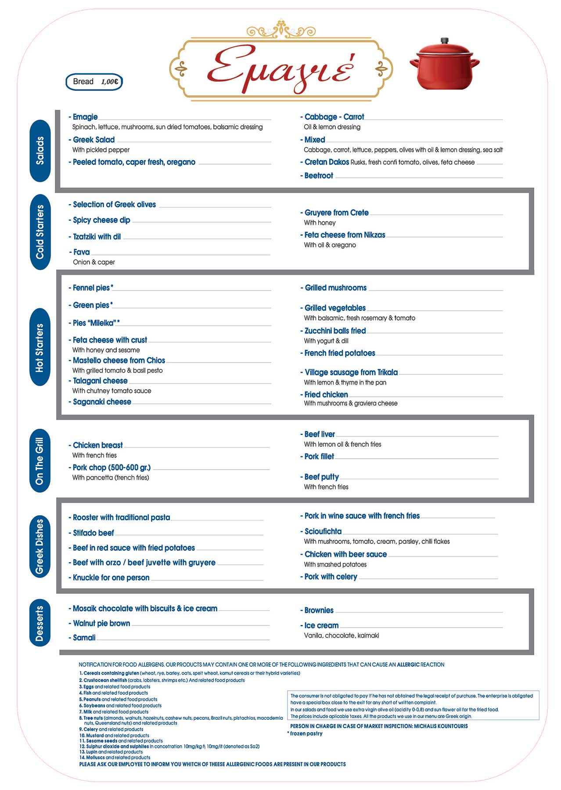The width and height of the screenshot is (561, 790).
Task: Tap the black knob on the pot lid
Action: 445,40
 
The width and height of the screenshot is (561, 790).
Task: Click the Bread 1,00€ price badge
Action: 94,82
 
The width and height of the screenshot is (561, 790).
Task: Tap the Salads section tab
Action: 40,151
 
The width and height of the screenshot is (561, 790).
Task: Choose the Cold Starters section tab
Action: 40,232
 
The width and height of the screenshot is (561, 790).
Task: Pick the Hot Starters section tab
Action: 40,348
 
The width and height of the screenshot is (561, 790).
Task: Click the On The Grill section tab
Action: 40,461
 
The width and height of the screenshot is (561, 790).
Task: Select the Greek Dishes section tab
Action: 40,546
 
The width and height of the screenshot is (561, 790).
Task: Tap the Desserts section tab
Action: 40,623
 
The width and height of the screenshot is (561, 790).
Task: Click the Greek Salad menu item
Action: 93,140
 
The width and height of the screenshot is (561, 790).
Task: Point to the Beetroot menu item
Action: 319,176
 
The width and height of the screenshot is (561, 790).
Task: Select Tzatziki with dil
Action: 97,237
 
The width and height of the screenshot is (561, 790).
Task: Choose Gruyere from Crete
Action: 336,213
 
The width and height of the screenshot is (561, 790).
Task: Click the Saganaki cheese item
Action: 102,402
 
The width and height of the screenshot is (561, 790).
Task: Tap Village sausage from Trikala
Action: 351,373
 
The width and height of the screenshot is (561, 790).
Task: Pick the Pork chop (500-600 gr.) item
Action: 111,468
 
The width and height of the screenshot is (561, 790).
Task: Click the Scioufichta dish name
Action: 323,531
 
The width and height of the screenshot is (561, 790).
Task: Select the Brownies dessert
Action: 319,610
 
